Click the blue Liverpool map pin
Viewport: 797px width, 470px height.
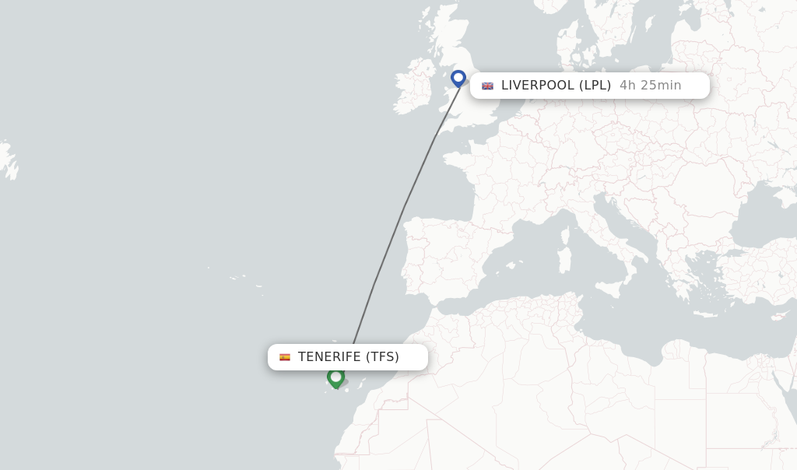(458, 79)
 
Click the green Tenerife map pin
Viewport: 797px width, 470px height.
(335, 377)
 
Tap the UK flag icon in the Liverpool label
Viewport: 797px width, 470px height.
(487, 86)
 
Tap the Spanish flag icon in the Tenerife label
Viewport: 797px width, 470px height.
(285, 357)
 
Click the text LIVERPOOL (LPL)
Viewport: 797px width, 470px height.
(556, 86)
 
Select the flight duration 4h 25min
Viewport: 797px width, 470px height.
(650, 86)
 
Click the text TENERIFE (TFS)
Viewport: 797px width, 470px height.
(348, 357)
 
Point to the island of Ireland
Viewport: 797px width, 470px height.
(413, 85)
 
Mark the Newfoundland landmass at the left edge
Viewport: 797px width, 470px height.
(8, 160)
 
